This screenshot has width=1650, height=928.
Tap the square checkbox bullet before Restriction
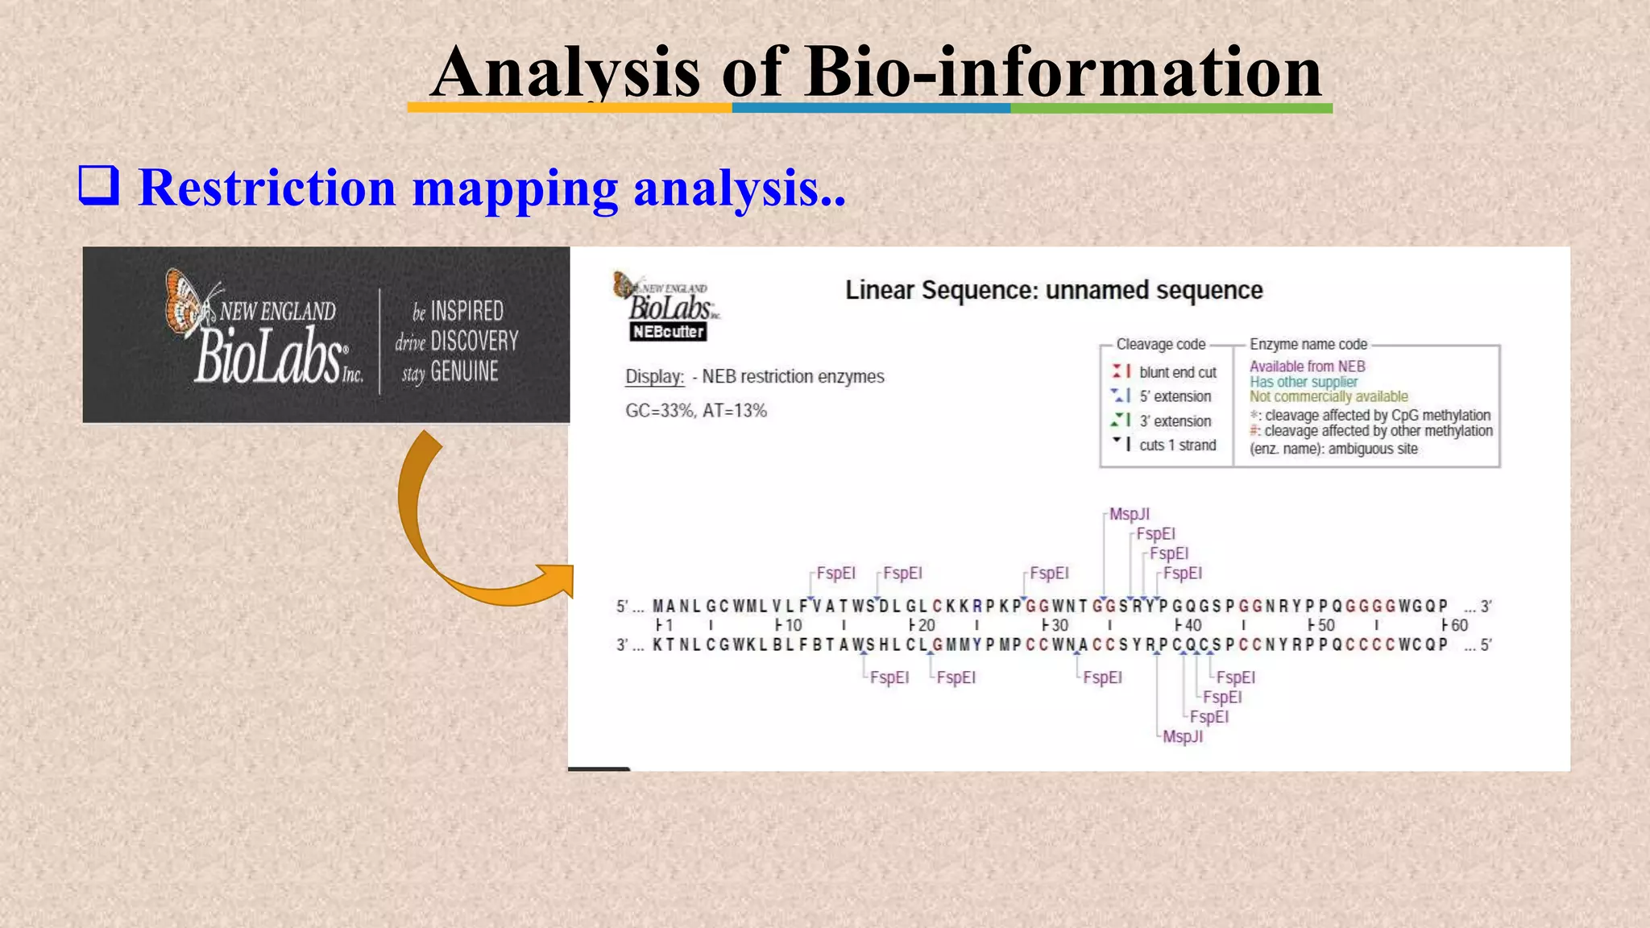pos(98,185)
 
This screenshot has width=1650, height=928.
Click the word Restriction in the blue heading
pos(267,188)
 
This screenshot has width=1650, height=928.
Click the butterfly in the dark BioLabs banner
pos(187,302)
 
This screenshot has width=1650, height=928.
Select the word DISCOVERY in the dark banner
pos(474,341)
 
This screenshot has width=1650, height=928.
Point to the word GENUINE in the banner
pos(464,371)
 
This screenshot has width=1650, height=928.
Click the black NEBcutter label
pos(668,332)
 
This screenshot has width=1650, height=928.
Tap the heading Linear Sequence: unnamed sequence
pos(1053,290)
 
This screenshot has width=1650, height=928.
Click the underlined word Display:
pos(654,376)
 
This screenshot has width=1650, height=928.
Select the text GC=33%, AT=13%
pos(696,411)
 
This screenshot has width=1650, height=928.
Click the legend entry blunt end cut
pos(1177,372)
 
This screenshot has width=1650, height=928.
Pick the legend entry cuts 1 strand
pos(1177,445)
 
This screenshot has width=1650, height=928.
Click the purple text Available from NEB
pos(1307,367)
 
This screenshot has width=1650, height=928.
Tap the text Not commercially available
pos(1329,396)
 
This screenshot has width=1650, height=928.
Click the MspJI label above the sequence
pos(1129,514)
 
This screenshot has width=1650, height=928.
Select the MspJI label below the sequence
pos(1182,736)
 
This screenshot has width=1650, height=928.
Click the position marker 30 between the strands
pos(1058,625)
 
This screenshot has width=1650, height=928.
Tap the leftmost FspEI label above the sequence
pos(835,573)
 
